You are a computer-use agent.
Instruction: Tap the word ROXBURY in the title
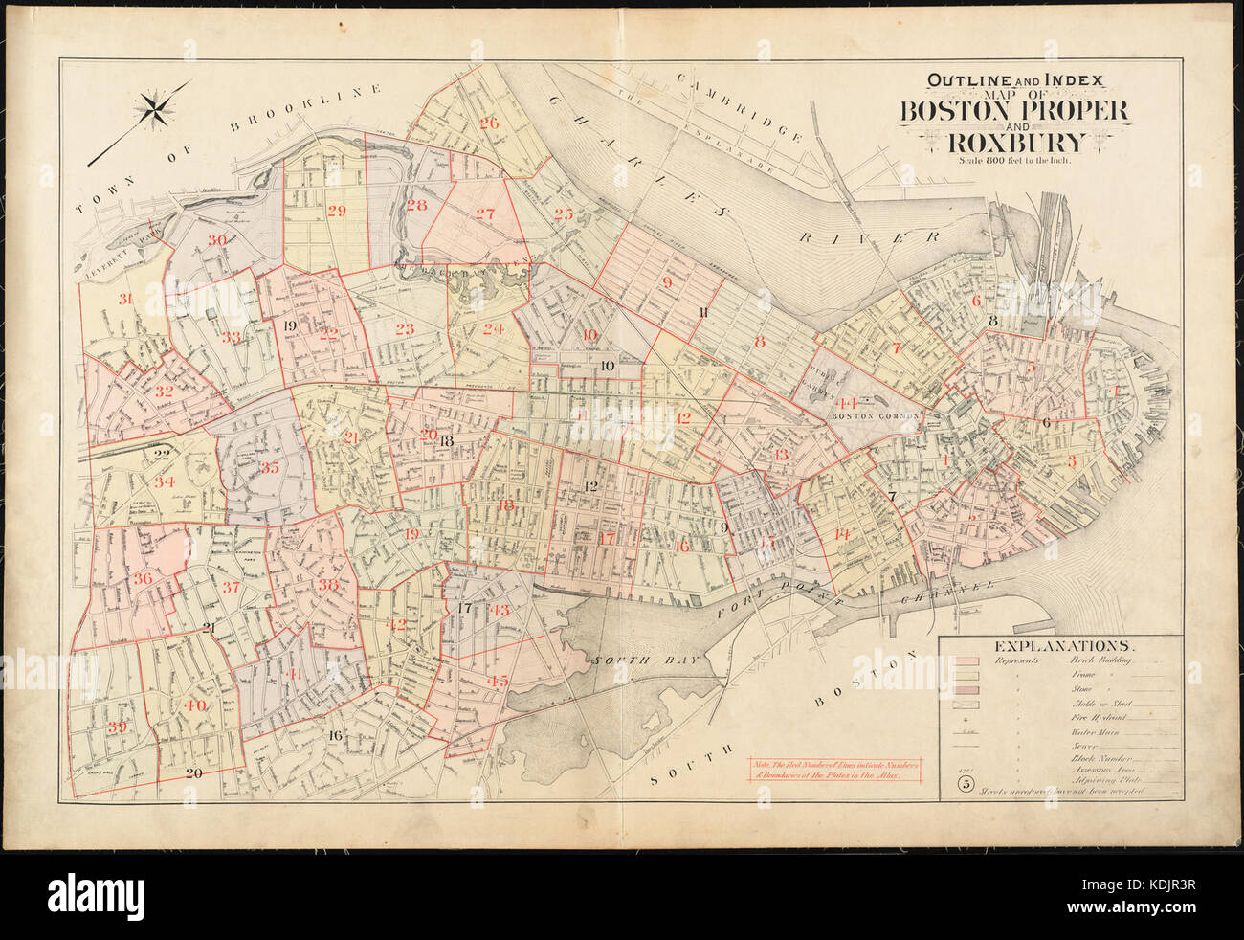(1016, 143)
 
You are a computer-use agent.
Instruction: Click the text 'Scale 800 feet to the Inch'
(1016, 161)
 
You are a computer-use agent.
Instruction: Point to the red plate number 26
(489, 123)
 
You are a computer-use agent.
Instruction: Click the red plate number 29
(336, 212)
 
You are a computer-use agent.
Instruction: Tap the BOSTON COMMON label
(875, 416)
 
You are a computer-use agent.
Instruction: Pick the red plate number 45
(498, 682)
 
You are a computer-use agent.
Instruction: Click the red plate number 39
(118, 727)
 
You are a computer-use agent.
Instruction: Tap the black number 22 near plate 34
(162, 455)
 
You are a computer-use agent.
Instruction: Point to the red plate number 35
(270, 468)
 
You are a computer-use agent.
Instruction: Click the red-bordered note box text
(837, 772)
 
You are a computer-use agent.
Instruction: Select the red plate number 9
(667, 282)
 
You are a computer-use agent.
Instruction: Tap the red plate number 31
(124, 300)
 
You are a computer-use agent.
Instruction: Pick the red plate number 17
(607, 538)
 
